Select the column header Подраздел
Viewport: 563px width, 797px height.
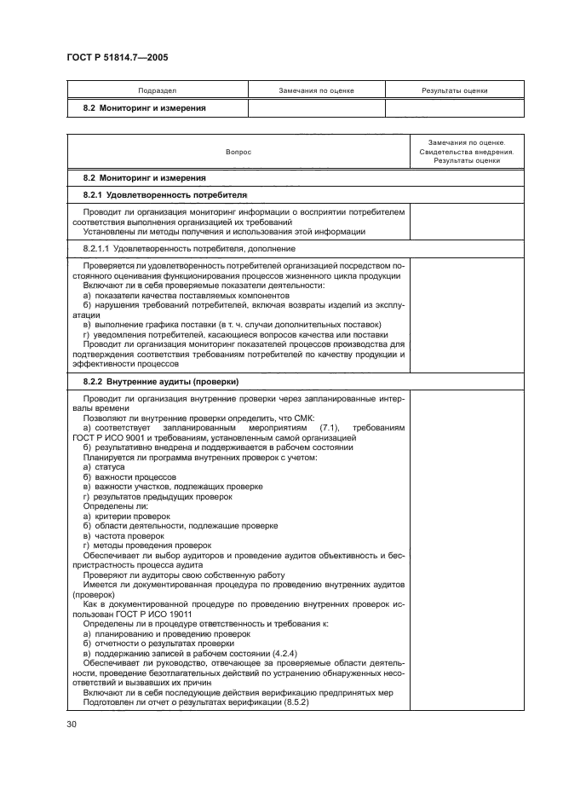(x=158, y=90)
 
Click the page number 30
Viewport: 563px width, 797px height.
(x=72, y=725)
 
